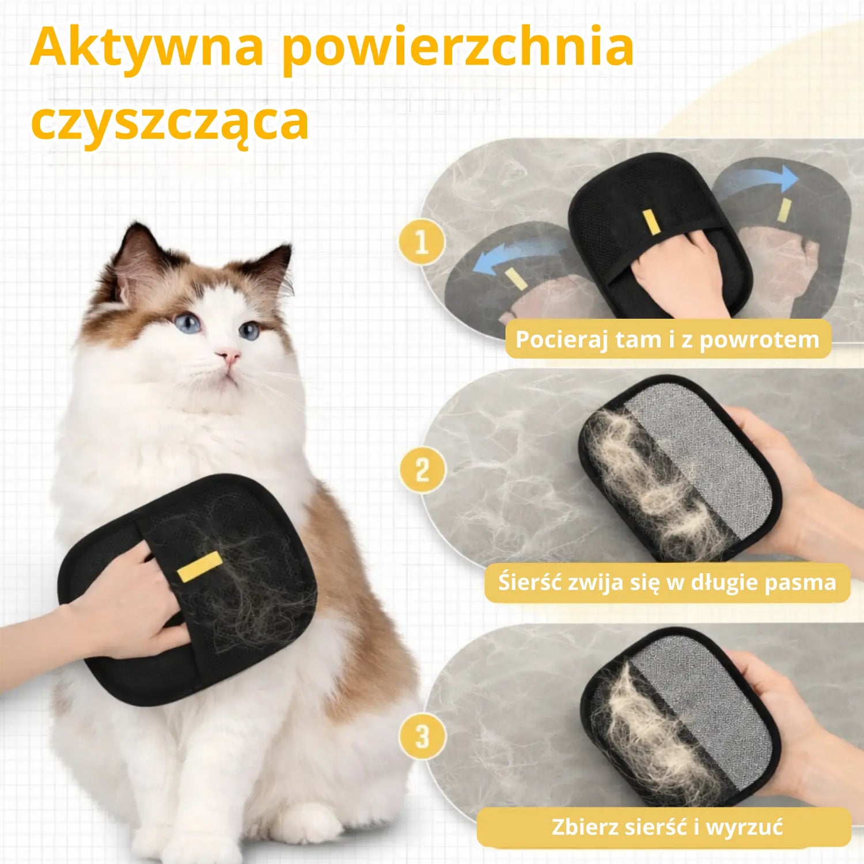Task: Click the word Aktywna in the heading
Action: [x=147, y=46]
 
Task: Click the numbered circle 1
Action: [x=422, y=242]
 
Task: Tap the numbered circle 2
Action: [x=422, y=470]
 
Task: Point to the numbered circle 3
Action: [x=422, y=736]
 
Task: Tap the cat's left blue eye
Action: [x=188, y=323]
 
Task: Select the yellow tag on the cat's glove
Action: [x=199, y=566]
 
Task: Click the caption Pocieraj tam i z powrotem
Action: [x=667, y=339]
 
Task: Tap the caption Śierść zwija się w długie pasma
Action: [x=667, y=582]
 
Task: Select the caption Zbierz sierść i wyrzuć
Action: [x=667, y=827]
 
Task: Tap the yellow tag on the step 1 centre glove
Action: [x=651, y=222]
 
